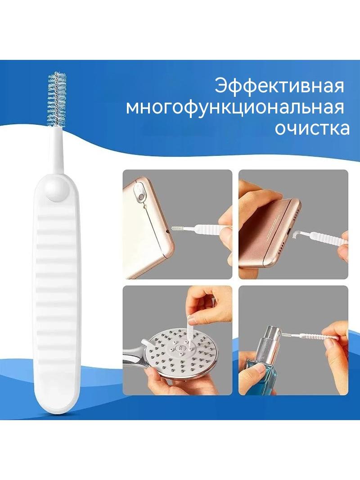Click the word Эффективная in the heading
click(x=279, y=87)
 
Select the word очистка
click(x=312, y=129)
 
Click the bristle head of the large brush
click(x=57, y=100)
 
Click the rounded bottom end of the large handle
click(x=57, y=403)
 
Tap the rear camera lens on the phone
click(x=141, y=196)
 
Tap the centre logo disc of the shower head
click(x=180, y=348)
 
